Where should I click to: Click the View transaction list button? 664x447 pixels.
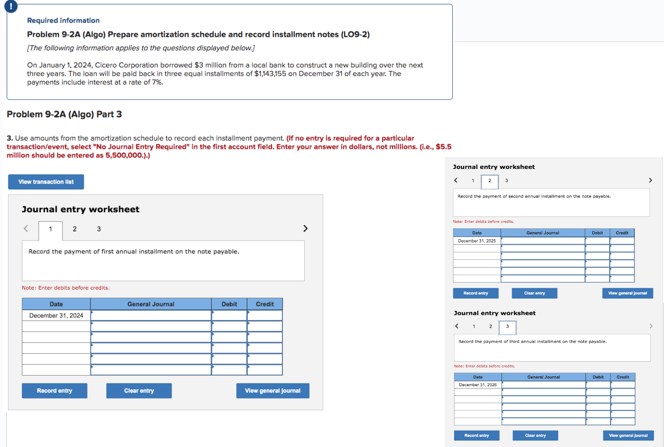click(46, 182)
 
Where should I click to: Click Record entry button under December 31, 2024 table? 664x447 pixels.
click(54, 391)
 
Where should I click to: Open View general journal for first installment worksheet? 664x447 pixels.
click(272, 391)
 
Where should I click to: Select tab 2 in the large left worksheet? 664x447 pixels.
click(75, 229)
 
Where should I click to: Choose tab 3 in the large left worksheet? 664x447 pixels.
click(99, 229)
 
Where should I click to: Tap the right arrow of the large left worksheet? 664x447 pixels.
click(305, 228)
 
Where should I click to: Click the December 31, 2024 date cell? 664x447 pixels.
click(56, 316)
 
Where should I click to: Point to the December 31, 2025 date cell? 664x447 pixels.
click(476, 241)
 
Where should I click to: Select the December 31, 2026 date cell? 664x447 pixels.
click(477, 385)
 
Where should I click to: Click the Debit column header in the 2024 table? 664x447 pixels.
click(229, 304)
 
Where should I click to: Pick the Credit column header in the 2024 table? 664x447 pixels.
click(265, 304)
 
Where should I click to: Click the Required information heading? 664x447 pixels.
click(63, 21)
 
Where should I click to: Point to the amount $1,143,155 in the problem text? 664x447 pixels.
click(270, 74)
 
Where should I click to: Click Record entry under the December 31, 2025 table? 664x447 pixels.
click(476, 293)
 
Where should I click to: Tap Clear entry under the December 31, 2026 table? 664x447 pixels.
click(535, 436)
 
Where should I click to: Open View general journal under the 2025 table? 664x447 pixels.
click(627, 293)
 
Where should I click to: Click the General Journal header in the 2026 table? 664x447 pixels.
click(544, 377)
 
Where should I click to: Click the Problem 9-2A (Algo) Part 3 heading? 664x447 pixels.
click(64, 114)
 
